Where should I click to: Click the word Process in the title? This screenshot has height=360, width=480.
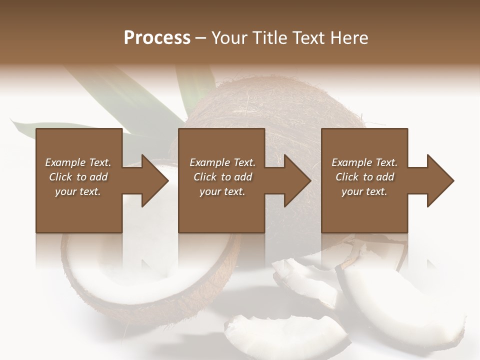157,38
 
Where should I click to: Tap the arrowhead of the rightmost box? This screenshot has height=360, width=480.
439,181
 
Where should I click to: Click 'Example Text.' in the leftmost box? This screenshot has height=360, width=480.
78,162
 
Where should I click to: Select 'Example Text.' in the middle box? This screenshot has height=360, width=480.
222,162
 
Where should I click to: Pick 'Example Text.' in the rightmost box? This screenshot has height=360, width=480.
364,162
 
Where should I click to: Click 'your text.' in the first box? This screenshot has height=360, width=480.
78,191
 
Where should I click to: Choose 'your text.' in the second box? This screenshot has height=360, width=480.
222,191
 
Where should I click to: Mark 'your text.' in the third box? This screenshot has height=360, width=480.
364,191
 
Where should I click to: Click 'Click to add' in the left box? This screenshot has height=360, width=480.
78,177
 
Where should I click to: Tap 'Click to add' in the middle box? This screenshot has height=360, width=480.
222,177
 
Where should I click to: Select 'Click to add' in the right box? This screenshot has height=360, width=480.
364,177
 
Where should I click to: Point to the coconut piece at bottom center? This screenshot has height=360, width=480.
285,335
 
